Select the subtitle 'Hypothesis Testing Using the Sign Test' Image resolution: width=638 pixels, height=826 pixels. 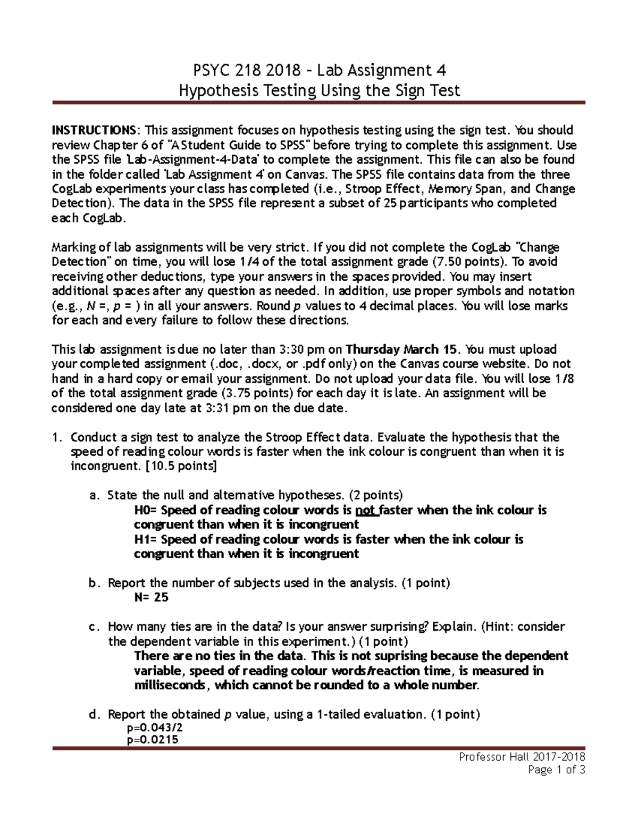[x=319, y=90]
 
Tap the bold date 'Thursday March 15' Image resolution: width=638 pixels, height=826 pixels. [x=401, y=349]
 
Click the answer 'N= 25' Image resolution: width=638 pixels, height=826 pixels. [x=152, y=597]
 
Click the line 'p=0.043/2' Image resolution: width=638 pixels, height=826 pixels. [x=155, y=728]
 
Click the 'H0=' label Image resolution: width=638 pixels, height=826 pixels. [x=145, y=510]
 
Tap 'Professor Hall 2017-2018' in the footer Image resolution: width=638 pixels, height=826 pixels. [x=522, y=756]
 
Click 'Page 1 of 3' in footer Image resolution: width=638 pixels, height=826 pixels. [x=556, y=770]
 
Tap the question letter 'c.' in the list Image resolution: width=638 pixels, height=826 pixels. [x=94, y=627]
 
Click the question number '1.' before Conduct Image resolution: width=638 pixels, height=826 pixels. [x=57, y=437]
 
